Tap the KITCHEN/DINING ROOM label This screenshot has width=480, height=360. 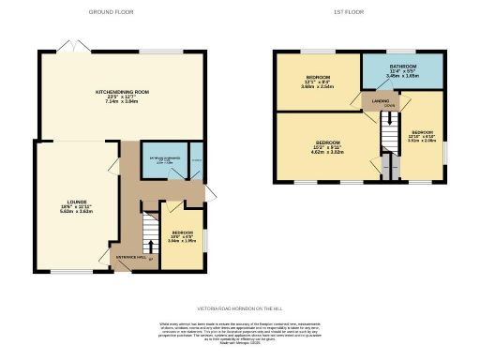(122, 92)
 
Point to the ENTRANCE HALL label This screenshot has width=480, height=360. (127, 255)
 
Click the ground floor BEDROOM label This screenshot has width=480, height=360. (182, 232)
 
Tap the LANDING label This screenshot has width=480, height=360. (381, 98)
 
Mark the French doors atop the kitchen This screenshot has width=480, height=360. (67, 47)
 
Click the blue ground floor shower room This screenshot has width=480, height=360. (164, 160)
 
